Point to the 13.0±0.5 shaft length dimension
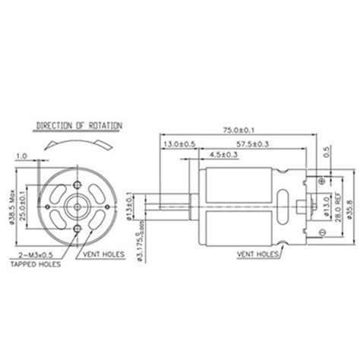178,142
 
